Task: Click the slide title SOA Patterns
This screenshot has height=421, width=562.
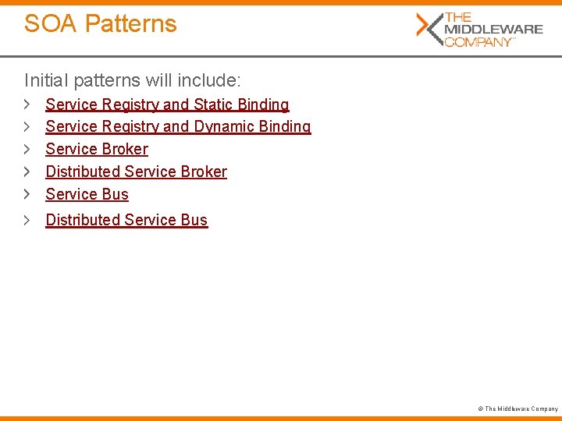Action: tap(100, 23)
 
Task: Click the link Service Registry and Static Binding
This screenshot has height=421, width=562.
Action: tap(167, 104)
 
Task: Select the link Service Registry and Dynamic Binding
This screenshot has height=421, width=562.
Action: tap(178, 126)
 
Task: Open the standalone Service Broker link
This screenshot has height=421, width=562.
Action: tap(97, 149)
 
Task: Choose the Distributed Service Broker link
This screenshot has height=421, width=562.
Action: tap(136, 172)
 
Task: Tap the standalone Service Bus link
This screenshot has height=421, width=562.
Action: tap(87, 194)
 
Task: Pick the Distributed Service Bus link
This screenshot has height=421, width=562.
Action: tap(126, 220)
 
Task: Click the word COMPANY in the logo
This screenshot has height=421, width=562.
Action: tap(478, 41)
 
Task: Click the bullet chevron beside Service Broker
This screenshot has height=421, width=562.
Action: tap(27, 148)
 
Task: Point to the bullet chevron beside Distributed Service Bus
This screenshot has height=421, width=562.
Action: tap(27, 219)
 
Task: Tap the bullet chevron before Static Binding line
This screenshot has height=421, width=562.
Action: tap(27, 104)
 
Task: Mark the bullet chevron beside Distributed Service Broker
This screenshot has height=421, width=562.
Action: tap(27, 171)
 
